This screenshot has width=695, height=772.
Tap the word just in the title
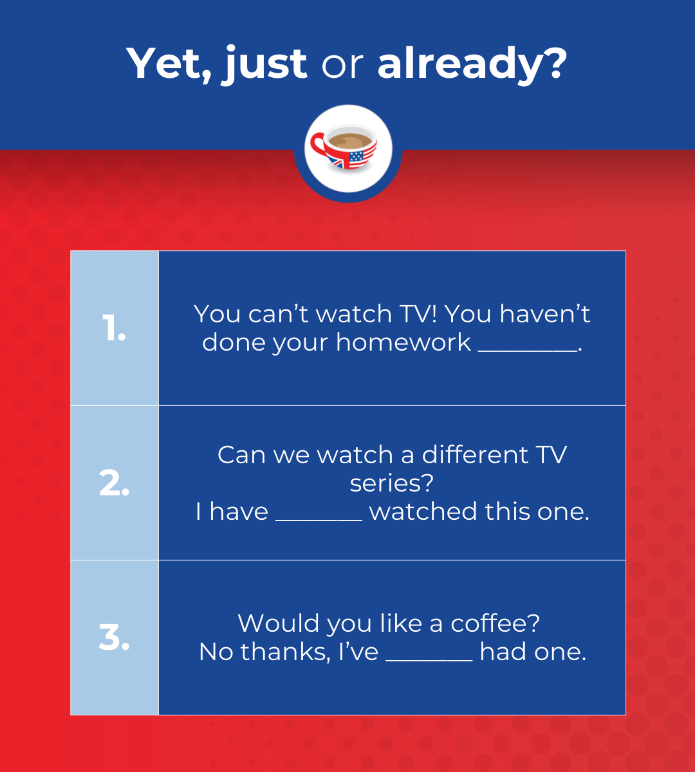pos(264,64)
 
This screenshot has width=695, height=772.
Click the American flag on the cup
pos(362,157)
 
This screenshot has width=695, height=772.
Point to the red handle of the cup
pos(319,147)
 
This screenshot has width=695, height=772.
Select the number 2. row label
pos(114,483)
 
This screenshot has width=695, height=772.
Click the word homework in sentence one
pos(403,342)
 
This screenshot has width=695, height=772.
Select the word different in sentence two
pos(475,455)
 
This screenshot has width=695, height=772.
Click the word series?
pos(391,483)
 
